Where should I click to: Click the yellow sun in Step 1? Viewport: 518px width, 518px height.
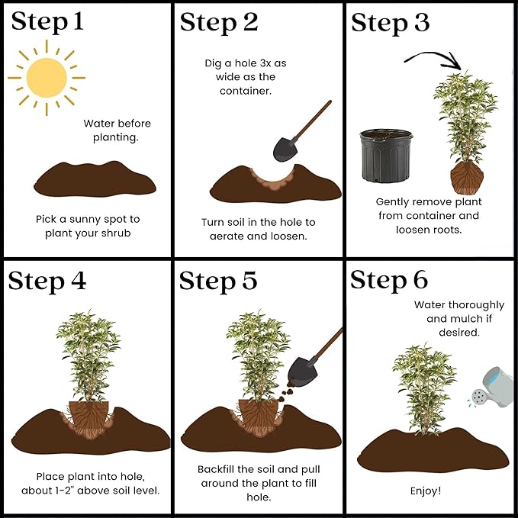coord(47,78)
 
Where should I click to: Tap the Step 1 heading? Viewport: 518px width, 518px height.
coord(47,22)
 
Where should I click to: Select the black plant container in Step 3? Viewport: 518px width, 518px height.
coord(386,156)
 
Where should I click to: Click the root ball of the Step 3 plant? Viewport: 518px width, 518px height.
coord(467,179)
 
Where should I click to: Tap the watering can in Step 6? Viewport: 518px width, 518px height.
coord(492,388)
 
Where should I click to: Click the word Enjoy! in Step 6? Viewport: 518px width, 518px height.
coord(426,491)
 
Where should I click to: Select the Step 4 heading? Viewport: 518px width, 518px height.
coord(47,282)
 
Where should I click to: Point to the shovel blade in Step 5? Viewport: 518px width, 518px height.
coord(302,372)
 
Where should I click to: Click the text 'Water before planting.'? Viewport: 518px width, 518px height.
coord(117,130)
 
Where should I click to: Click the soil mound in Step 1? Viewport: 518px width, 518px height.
coord(95,179)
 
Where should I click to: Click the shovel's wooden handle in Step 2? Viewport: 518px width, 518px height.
coord(312,121)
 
